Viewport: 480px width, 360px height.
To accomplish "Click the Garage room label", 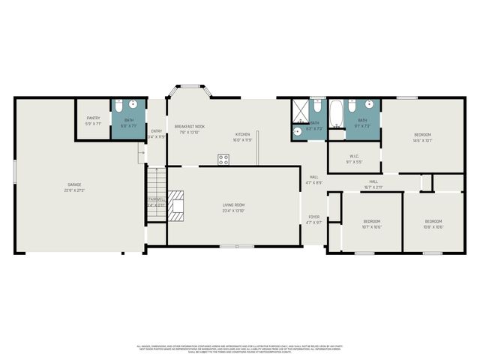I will click(x=74, y=184).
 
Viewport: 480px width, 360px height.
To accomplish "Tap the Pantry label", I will click(x=94, y=118).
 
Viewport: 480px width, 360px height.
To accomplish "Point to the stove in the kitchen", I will click(x=223, y=159).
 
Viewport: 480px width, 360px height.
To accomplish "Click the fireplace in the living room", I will click(x=175, y=205).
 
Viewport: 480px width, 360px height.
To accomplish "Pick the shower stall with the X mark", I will click(x=299, y=112).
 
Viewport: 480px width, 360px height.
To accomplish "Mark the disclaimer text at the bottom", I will click(x=240, y=348).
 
